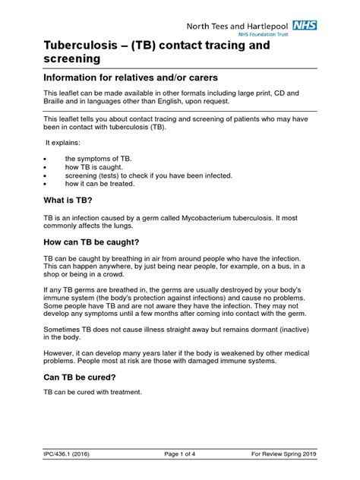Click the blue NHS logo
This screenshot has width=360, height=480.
[x=305, y=25]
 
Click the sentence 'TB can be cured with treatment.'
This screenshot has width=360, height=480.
[x=93, y=392]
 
